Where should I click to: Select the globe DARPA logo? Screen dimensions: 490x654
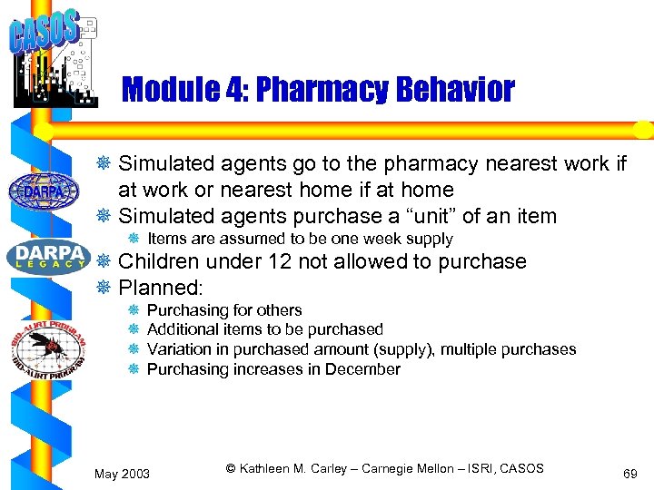click(43, 191)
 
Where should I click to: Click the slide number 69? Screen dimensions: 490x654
click(629, 474)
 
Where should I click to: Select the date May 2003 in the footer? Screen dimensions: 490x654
click(123, 474)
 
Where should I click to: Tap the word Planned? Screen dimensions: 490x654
click(162, 288)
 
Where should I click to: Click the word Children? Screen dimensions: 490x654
click(159, 261)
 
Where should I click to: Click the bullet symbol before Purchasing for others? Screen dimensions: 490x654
click(134, 310)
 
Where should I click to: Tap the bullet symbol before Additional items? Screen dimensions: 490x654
click(134, 329)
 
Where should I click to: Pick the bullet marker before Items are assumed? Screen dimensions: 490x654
click(134, 240)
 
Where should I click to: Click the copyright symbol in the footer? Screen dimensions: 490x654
click(231, 468)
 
